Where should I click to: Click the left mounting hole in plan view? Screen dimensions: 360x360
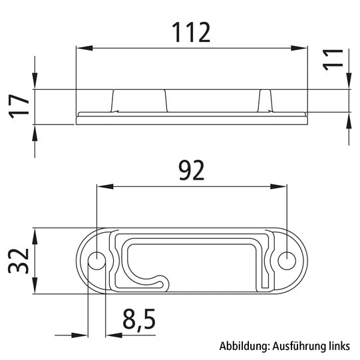click(x=96, y=261)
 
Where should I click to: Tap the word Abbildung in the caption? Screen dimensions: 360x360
click(x=244, y=346)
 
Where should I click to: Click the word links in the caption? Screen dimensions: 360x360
click(x=333, y=346)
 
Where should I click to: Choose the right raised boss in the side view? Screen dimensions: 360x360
click(x=266, y=100)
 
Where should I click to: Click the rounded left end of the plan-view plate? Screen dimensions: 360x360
click(x=81, y=261)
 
